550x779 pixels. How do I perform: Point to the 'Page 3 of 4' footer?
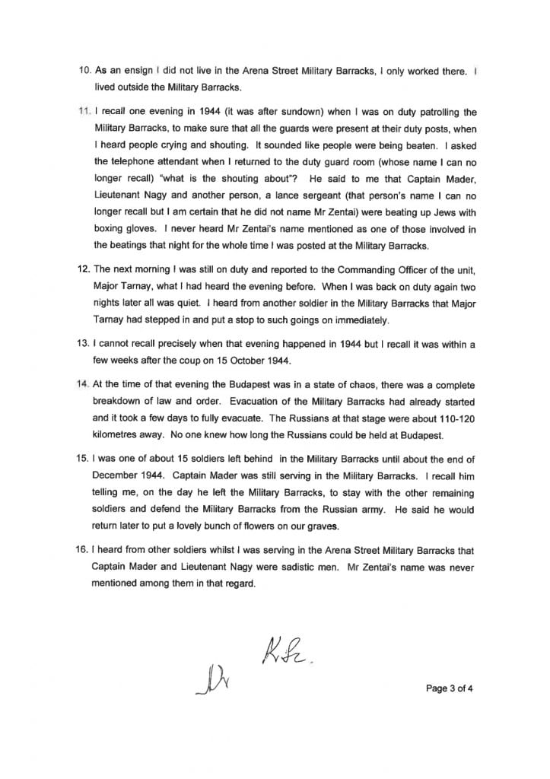click(453, 688)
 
